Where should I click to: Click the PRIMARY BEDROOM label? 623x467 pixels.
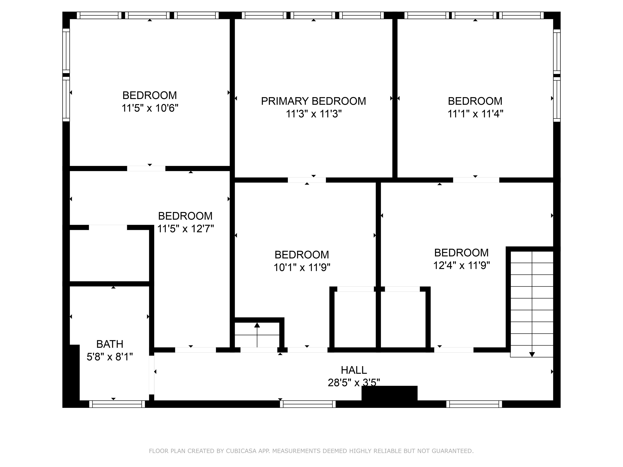pyautogui.click(x=313, y=101)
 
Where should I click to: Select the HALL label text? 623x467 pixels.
pyautogui.click(x=354, y=370)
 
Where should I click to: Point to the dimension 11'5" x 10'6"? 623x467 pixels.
pyautogui.click(x=150, y=108)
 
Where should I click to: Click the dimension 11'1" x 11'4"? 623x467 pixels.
pyautogui.click(x=475, y=114)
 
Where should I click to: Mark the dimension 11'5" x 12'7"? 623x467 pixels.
pyautogui.click(x=185, y=229)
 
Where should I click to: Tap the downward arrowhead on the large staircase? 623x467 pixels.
pyautogui.click(x=532, y=355)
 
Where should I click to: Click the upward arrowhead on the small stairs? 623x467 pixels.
pyautogui.click(x=257, y=325)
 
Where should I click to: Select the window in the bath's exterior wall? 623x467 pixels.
pyautogui.click(x=117, y=404)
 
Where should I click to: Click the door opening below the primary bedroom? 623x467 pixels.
pyautogui.click(x=307, y=180)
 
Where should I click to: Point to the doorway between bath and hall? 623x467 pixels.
pyautogui.click(x=152, y=375)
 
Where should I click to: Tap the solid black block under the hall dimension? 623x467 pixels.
pyautogui.click(x=390, y=393)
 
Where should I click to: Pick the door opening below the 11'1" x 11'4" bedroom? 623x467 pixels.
pyautogui.click(x=476, y=180)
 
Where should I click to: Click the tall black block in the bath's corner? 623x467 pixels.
pyautogui.click(x=75, y=373)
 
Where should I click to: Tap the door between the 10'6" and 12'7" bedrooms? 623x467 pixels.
pyautogui.click(x=146, y=168)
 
